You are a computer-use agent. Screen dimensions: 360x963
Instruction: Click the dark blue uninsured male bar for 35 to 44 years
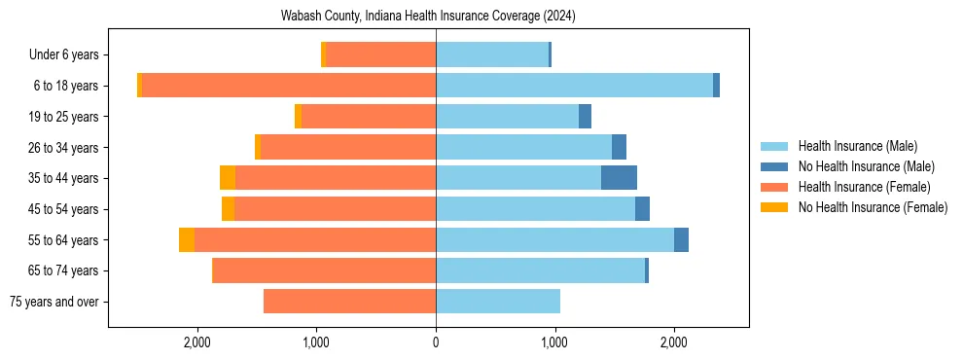[x=619, y=178]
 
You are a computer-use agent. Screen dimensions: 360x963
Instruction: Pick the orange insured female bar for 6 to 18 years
[x=289, y=86]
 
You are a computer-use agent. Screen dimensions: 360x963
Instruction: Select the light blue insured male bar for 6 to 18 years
[x=574, y=86]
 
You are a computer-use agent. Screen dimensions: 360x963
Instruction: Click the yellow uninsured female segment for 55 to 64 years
[x=187, y=240]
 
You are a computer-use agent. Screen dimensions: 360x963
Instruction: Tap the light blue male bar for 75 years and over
[x=498, y=302]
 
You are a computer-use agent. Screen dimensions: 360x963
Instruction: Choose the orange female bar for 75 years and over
[x=349, y=302]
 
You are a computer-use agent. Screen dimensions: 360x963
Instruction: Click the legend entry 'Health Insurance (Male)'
[x=857, y=146]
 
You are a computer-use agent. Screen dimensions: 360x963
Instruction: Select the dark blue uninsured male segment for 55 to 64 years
[x=681, y=240]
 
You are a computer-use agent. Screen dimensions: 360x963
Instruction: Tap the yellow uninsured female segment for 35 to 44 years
[x=228, y=178]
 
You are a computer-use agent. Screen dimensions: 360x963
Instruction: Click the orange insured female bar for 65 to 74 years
[x=324, y=270]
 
